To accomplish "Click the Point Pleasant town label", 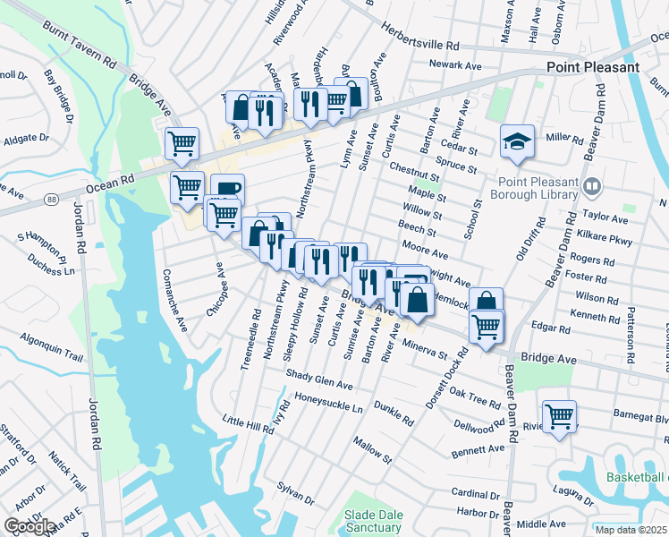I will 593,67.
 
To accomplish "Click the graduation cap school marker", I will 517,141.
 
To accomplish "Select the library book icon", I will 591,187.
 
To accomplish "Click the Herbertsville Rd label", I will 419,44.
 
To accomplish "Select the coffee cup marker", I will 227,188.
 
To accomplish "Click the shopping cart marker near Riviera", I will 559,416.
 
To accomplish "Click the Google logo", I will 30,526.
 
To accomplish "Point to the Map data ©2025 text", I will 631,530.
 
